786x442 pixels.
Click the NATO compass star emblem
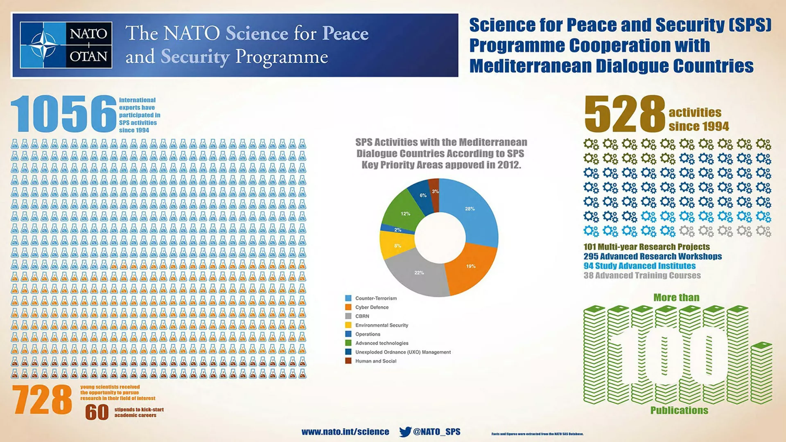[x=43, y=45]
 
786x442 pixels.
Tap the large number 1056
[x=64, y=114]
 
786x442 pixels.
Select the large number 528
[x=625, y=114]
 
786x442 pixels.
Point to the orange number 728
[x=42, y=400]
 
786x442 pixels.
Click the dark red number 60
[x=97, y=413]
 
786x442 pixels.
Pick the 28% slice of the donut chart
[x=471, y=211]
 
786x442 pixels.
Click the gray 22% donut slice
[x=418, y=274]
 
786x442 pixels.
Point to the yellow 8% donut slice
[x=396, y=245]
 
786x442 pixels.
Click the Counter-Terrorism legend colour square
[x=348, y=298]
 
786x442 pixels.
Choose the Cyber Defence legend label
[x=372, y=307]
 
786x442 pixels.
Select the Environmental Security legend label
[x=382, y=325]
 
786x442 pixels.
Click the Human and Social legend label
[x=376, y=361]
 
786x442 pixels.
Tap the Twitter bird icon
[x=405, y=432]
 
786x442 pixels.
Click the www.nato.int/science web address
[x=345, y=432]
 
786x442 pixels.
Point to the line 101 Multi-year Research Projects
[x=646, y=247]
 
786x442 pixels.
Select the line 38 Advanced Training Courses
[x=642, y=275]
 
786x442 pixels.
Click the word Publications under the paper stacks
[x=679, y=410]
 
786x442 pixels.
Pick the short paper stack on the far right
[x=762, y=373]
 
